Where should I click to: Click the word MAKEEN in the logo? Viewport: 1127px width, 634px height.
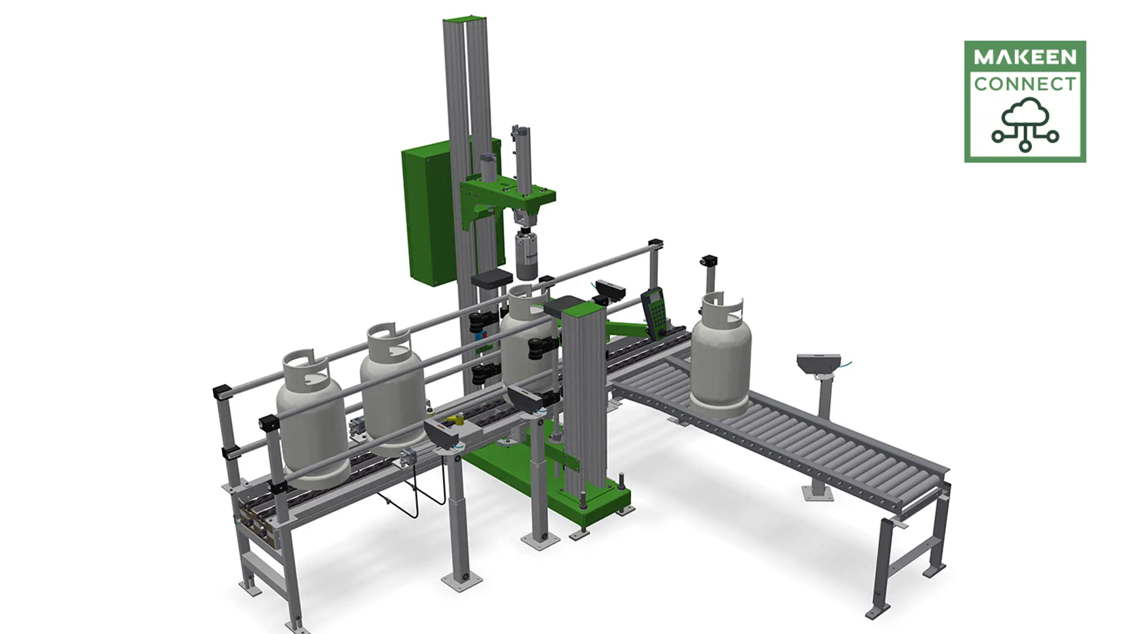[1025, 57]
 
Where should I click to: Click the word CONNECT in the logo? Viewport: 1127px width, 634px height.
[1025, 84]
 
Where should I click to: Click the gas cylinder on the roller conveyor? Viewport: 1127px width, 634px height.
[720, 358]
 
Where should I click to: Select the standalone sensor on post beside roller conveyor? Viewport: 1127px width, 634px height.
[819, 364]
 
